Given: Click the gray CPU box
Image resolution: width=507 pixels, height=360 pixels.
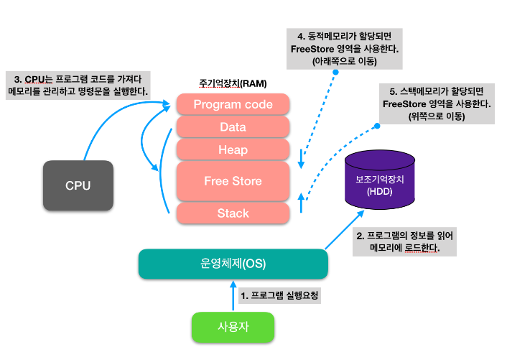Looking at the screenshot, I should pyautogui.click(x=78, y=185).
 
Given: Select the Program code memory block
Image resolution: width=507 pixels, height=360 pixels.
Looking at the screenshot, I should pyautogui.click(x=233, y=104).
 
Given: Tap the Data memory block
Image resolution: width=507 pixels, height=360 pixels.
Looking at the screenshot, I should pyautogui.click(x=233, y=127).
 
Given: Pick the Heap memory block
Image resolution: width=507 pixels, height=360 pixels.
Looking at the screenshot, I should pyautogui.click(x=233, y=149).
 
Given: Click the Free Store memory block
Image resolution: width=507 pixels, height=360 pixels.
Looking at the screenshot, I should pyautogui.click(x=233, y=181).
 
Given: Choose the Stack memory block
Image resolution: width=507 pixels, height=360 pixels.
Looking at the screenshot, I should pyautogui.click(x=233, y=213).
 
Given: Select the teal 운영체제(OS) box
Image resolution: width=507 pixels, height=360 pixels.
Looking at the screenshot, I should pyautogui.click(x=233, y=264).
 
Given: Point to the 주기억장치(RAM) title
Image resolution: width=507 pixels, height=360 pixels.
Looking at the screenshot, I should pyautogui.click(x=233, y=84).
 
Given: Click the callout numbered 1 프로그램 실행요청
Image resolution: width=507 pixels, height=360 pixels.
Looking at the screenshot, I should pyautogui.click(x=279, y=295).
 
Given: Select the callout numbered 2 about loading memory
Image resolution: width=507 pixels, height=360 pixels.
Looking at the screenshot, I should pyautogui.click(x=403, y=241).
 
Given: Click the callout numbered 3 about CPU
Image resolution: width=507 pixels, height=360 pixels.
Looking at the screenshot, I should pyautogui.click(x=77, y=84).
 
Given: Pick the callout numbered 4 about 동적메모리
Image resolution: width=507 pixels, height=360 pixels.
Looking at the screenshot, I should pyautogui.click(x=345, y=49).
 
